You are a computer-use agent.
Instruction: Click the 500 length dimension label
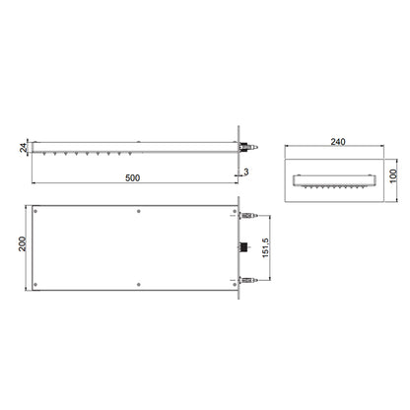pos(133,177)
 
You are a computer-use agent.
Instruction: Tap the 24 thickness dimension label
pos(24,147)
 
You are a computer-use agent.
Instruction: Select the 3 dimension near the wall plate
pos(246,171)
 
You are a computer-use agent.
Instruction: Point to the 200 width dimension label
pos(22,243)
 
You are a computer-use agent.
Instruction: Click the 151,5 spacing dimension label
pos(265,247)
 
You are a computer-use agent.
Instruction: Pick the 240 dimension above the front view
pos(338,142)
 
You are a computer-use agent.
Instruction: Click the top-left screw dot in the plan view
pos(35,211)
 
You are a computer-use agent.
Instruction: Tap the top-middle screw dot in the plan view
pos(139,211)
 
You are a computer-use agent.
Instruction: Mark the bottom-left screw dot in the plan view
pos(35,285)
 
